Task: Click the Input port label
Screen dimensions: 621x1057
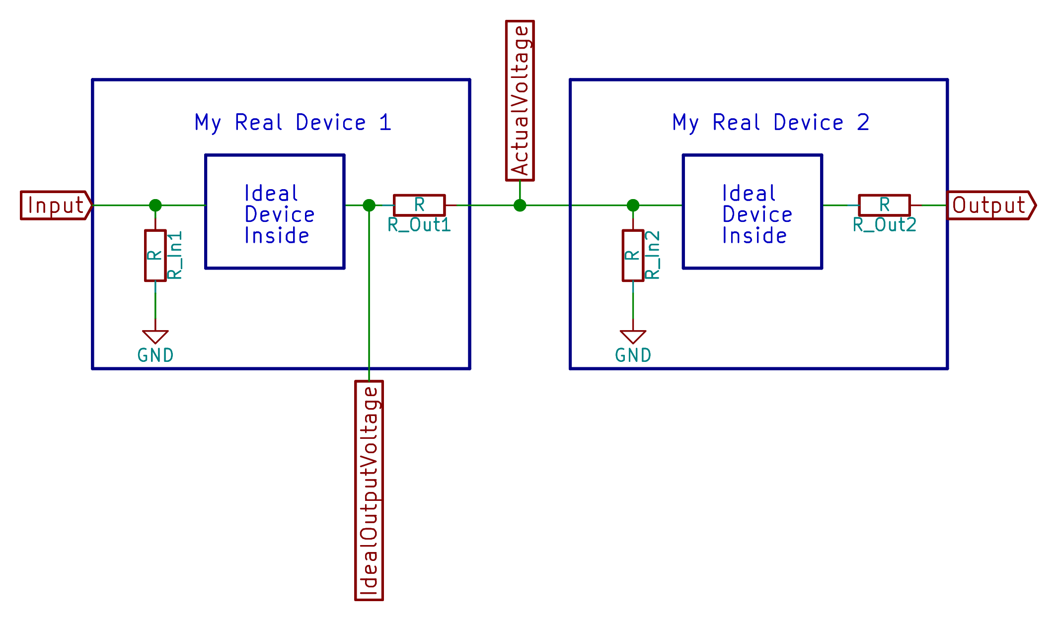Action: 56,205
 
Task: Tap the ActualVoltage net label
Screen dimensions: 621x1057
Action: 520,100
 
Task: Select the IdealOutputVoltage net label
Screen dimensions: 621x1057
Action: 369,490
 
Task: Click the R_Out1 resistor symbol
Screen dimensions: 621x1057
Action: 419,205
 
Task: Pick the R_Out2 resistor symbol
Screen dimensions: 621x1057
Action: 884,205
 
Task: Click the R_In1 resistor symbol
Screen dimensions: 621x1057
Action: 155,255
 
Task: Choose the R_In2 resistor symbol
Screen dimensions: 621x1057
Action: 633,255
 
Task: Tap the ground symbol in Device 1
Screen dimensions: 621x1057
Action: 155,337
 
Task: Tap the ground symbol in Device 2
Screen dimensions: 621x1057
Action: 633,337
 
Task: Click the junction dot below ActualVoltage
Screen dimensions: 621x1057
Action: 520,205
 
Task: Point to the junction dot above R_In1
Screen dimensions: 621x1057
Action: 155,205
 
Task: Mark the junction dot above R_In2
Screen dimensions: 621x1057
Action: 633,205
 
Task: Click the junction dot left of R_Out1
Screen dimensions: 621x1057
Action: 369,205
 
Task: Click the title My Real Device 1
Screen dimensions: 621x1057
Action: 293,123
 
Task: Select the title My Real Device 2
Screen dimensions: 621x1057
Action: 771,123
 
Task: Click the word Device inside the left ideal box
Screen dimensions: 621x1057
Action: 280,214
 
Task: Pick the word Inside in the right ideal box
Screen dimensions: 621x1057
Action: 755,236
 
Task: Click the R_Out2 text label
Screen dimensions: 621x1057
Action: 884,225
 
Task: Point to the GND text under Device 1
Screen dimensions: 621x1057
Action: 155,355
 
